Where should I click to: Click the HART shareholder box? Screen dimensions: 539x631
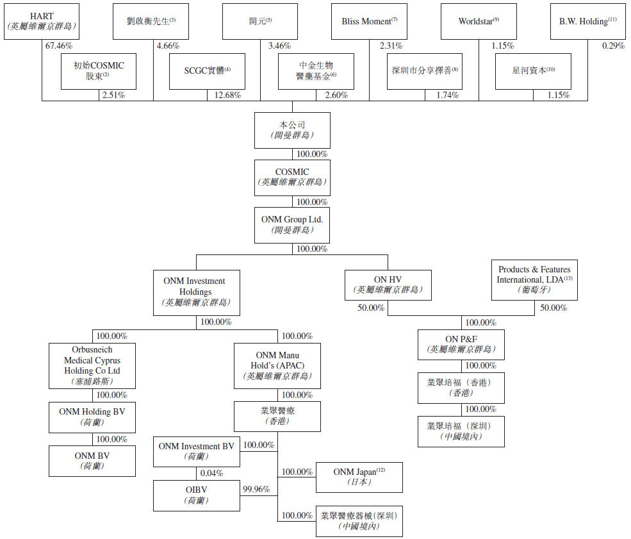click(42, 21)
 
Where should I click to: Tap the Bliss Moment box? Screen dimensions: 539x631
click(369, 21)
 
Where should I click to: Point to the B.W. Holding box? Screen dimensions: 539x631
click(587, 21)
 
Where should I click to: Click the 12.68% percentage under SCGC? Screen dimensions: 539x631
click(228, 95)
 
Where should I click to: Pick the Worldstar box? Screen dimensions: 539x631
click(479, 21)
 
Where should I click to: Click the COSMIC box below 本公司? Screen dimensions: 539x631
click(292, 178)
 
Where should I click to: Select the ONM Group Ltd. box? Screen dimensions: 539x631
click(292, 225)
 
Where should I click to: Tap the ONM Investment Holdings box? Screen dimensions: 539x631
click(196, 292)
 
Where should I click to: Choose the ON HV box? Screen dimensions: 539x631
click(388, 285)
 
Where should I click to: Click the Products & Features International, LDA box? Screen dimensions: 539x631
click(534, 280)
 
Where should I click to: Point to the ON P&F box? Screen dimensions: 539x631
click(461, 345)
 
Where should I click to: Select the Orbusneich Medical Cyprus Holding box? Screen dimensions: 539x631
click(92, 366)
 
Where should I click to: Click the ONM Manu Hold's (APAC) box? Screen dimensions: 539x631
click(277, 366)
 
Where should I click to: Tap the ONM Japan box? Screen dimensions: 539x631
click(359, 477)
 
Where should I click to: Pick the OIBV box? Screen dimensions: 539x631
click(196, 495)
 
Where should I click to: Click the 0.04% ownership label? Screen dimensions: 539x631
click(211, 473)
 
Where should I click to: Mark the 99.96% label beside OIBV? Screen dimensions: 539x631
click(256, 489)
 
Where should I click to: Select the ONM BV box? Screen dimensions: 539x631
click(92, 461)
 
